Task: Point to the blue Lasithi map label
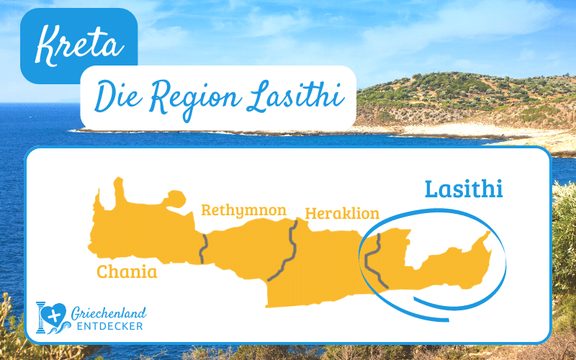point(463,189)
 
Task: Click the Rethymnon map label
point(243,210)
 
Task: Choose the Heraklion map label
point(342,213)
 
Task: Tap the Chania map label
point(127,272)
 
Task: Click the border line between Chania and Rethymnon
point(204,247)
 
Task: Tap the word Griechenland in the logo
point(109,312)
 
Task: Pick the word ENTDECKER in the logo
point(109,328)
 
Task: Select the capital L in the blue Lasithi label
point(432,189)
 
